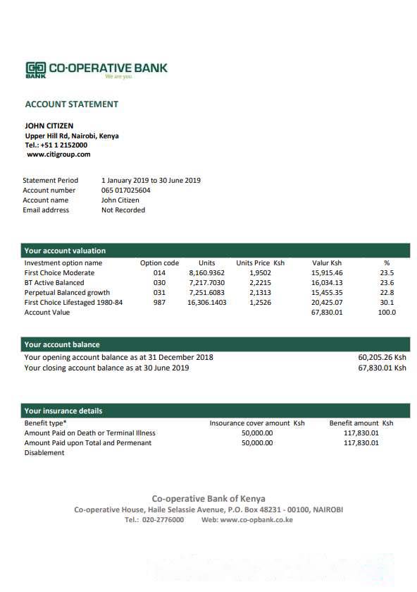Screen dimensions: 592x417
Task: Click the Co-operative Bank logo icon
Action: (35, 68)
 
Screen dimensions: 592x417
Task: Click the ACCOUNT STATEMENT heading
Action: (71, 104)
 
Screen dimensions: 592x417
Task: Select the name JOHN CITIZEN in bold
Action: (49, 126)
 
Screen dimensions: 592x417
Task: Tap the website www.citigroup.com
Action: (58, 154)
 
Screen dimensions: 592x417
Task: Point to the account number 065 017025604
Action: (125, 190)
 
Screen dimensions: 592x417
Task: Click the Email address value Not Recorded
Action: (123, 210)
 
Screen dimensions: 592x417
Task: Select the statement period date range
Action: (151, 180)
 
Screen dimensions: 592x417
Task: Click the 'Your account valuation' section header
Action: (65, 250)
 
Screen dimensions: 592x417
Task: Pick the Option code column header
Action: (159, 262)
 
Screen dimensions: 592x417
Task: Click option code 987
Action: (159, 302)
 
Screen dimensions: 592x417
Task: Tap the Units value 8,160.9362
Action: (206, 272)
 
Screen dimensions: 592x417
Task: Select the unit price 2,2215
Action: (260, 282)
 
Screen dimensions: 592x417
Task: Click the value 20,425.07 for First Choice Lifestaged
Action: (327, 302)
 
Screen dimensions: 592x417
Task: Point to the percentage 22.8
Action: (387, 292)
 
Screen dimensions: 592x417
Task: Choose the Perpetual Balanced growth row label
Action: (67, 292)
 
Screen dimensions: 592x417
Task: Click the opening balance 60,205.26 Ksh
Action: (382, 357)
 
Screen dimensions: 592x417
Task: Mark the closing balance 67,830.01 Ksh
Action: (382, 367)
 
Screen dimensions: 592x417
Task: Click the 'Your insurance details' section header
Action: (63, 411)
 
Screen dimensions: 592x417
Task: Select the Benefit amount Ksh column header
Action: (361, 423)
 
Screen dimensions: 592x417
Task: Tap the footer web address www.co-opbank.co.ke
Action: (256, 519)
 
